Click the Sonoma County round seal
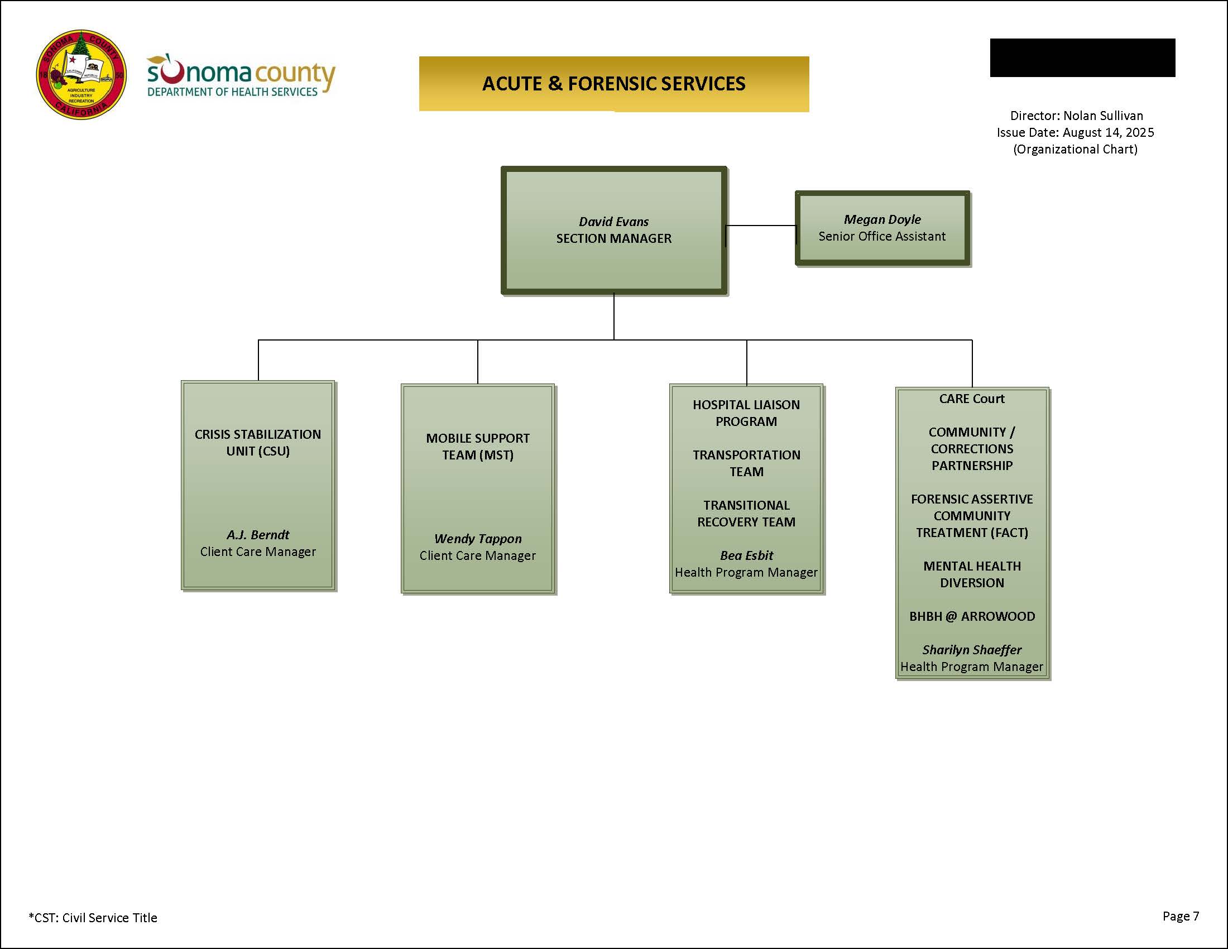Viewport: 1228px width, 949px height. [81, 75]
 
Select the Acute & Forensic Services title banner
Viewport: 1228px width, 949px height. [613, 84]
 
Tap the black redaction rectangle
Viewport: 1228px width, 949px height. [1082, 57]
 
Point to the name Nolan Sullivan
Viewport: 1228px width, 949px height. [1102, 116]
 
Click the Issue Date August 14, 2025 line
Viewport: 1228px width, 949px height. [1075, 133]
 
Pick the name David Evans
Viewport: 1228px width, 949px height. [613, 222]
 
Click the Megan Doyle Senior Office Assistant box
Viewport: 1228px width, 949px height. [882, 228]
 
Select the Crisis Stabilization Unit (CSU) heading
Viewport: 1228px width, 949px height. [257, 443]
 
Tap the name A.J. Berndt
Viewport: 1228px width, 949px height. [257, 535]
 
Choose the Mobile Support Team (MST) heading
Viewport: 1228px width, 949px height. [477, 447]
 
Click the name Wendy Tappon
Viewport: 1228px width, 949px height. [477, 539]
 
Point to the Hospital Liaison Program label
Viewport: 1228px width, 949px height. [746, 413]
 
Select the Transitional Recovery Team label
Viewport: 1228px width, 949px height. [746, 513]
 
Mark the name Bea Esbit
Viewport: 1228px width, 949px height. [746, 555]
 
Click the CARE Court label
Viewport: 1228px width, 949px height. [972, 399]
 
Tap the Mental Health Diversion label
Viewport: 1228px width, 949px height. [972, 574]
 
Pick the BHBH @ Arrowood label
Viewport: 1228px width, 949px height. [972, 616]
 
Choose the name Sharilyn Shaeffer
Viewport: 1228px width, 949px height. [972, 650]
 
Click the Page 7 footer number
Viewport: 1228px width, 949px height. [1181, 916]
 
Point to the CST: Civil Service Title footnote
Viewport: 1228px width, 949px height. [93, 918]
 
